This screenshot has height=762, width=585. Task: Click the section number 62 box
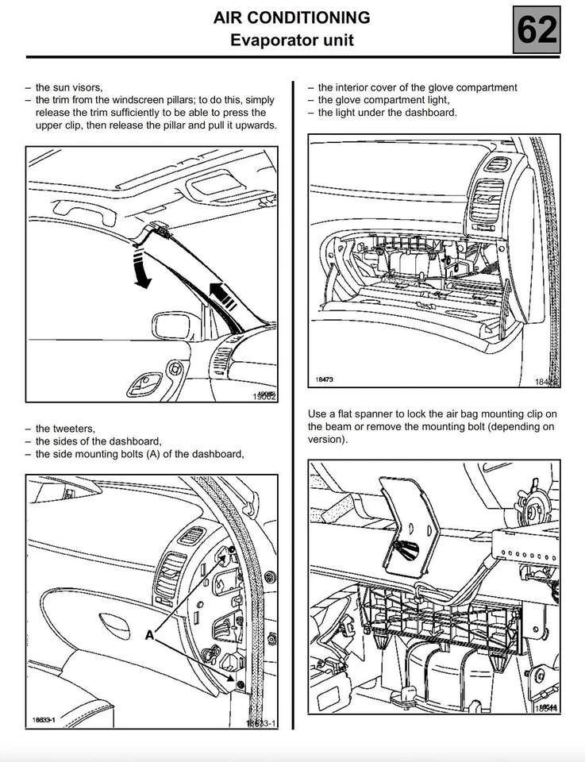tap(537, 29)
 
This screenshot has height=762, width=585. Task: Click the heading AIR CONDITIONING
tap(292, 17)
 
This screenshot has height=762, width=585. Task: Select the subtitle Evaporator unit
tap(292, 39)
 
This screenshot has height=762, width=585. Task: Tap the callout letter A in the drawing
tap(148, 635)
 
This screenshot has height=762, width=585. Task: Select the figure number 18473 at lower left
tap(324, 379)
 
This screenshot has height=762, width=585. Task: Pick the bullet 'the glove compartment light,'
tap(383, 100)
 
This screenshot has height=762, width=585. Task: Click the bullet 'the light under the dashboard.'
tap(387, 113)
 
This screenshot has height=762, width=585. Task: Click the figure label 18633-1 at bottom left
tap(44, 720)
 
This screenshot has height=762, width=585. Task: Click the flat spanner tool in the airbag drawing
tap(410, 524)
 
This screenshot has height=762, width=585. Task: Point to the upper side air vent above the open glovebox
tap(498, 164)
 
